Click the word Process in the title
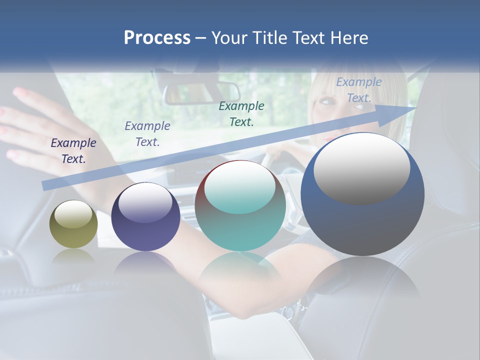click(x=157, y=38)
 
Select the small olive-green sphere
click(x=73, y=224)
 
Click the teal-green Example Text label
click(x=241, y=113)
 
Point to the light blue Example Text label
click(x=358, y=90)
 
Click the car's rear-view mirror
click(x=201, y=93)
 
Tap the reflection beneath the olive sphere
click(x=73, y=256)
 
